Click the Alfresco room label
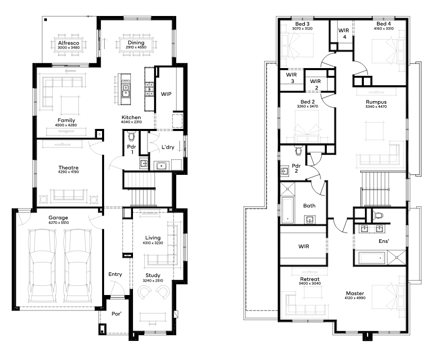click(x=69, y=43)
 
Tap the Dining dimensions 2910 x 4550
click(x=136, y=47)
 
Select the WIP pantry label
click(x=166, y=94)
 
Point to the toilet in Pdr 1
click(x=131, y=136)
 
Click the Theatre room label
click(x=69, y=168)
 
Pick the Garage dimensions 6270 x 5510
click(x=59, y=223)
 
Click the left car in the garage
click(x=43, y=266)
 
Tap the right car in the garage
click(x=78, y=266)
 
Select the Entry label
click(x=115, y=274)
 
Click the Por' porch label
click(x=116, y=314)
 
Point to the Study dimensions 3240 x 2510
click(x=153, y=281)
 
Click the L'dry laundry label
click(x=168, y=147)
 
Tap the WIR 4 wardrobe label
click(x=344, y=34)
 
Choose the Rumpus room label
click(x=376, y=102)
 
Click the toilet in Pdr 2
click(x=298, y=151)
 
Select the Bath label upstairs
click(x=309, y=206)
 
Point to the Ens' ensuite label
click(x=383, y=241)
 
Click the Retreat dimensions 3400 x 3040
click(x=310, y=283)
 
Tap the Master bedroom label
click(x=355, y=293)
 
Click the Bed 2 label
click(x=307, y=102)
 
